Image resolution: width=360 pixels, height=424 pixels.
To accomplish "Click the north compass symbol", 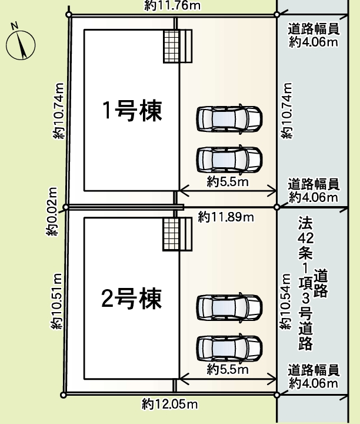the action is [x=21, y=44].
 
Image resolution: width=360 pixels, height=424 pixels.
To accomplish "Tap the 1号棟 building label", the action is [x=132, y=110].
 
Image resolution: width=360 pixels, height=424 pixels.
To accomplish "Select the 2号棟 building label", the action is [x=132, y=299].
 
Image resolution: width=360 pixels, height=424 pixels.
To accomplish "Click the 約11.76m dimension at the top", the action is [x=172, y=5].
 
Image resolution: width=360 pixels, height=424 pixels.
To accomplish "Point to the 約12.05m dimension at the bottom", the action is [x=169, y=404].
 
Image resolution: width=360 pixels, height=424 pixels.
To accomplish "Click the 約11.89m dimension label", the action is [x=226, y=217].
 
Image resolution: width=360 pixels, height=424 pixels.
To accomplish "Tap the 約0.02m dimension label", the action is [x=52, y=211].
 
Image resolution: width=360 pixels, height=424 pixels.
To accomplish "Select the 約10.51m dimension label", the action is [x=57, y=302].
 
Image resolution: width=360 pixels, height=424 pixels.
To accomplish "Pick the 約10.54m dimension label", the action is [x=285, y=302].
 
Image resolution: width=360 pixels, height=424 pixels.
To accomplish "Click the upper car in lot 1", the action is [x=229, y=119].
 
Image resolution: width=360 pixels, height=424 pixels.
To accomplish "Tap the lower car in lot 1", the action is [x=229, y=160].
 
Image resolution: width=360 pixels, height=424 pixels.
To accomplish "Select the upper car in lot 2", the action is [x=229, y=307].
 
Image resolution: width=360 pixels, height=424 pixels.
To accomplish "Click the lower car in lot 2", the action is [x=229, y=348].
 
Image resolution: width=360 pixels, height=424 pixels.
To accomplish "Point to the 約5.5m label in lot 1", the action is [x=228, y=182].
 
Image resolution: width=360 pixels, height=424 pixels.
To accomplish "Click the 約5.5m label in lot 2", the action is [x=228, y=369].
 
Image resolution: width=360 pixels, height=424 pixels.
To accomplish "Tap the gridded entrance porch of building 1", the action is [x=178, y=46].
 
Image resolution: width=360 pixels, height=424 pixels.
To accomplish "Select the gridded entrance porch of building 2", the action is [x=178, y=234].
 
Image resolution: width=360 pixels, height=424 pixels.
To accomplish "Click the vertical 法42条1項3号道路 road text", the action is [x=313, y=283].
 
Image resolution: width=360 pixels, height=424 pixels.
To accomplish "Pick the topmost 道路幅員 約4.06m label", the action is [x=314, y=36].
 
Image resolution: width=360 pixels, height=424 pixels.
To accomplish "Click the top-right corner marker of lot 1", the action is [x=277, y=14].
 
